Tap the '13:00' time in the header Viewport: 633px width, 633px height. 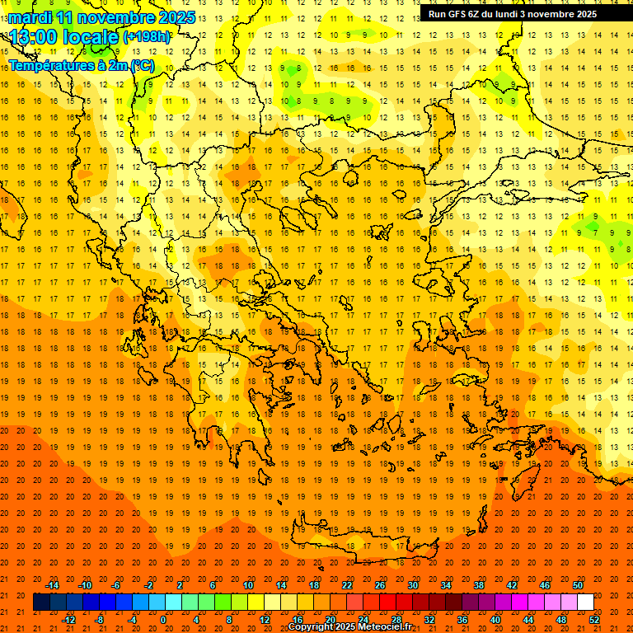click(x=35, y=36)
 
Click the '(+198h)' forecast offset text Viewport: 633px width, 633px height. click(x=146, y=36)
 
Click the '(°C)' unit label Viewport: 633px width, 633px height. click(x=142, y=65)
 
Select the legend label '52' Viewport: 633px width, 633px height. click(x=594, y=619)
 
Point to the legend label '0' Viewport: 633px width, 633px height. click(x=164, y=619)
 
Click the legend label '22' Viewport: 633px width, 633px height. click(x=347, y=585)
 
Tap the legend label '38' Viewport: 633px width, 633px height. click(x=479, y=585)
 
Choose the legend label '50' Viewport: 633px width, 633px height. click(x=578, y=585)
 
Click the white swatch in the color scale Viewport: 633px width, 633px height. click(x=585, y=603)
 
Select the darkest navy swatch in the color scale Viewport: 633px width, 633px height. click(x=41, y=603)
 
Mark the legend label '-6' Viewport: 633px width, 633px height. click(x=116, y=585)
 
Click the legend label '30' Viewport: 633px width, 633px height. click(x=413, y=585)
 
